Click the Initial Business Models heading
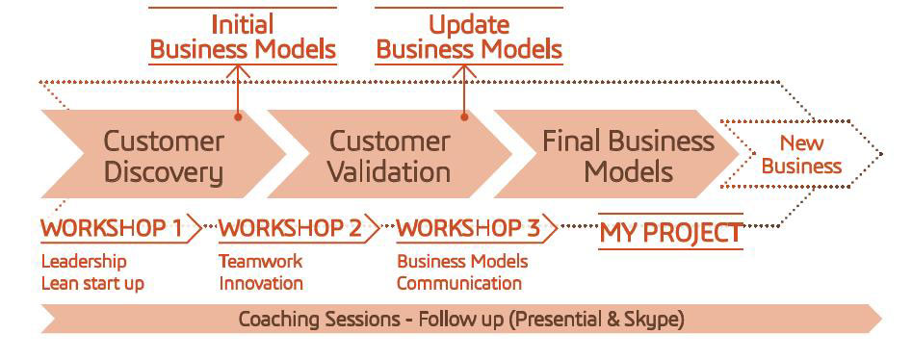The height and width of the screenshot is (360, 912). tap(243, 38)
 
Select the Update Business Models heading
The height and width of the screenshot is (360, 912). tap(469, 38)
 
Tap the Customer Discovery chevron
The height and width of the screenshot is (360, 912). tap(164, 154)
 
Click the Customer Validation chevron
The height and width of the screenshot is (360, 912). tap(390, 154)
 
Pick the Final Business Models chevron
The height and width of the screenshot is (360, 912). tap(616, 154)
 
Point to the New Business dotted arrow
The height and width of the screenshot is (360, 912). tap(801, 154)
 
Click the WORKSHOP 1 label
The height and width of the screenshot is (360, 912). tap(112, 229)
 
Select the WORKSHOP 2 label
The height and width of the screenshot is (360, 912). tap(290, 229)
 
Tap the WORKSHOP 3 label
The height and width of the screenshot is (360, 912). tap(469, 229)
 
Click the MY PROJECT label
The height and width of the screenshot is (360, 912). tap(670, 233)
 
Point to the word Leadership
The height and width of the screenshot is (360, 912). tap(84, 262)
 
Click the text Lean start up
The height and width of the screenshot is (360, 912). tap(92, 284)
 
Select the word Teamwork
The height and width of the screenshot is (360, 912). tap(261, 261)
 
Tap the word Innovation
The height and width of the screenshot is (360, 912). tap(261, 284)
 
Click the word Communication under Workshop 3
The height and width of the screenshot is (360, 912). tap(459, 284)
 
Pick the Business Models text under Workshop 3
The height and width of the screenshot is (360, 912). tap(463, 262)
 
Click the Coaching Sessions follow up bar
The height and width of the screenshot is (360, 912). tap(461, 319)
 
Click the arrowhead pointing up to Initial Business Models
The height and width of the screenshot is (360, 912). tap(237, 70)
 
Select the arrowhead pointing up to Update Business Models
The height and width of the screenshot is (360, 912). tap(463, 70)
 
